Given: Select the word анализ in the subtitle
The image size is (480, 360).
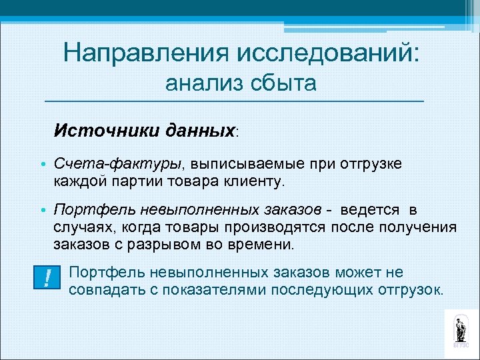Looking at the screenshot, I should coord(203,83).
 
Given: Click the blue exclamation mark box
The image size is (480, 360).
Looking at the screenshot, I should coord(46,277).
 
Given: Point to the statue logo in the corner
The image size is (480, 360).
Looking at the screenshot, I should coord(461,330).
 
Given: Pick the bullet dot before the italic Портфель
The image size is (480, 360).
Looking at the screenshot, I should coord(43,211).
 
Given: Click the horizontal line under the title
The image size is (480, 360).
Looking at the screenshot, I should coord(233,101).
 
